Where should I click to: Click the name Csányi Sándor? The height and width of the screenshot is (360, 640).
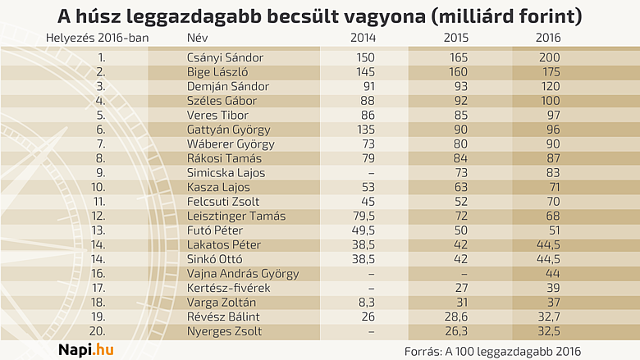click(225, 57)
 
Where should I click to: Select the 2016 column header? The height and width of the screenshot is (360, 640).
click(548, 39)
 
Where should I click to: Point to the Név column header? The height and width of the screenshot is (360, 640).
click(198, 39)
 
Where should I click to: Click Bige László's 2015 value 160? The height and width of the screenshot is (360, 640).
click(461, 72)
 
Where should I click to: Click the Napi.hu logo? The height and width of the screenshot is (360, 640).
click(85, 349)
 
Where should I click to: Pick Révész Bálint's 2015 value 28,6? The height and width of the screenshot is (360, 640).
click(461, 317)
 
